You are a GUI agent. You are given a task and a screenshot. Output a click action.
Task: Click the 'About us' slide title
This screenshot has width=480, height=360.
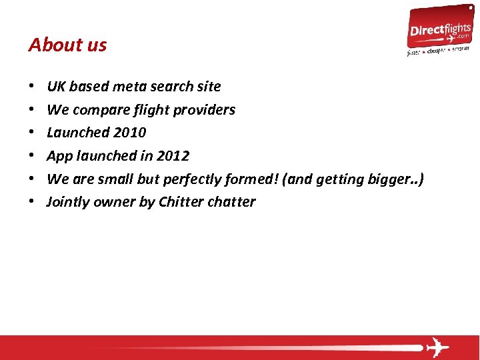coord(67,45)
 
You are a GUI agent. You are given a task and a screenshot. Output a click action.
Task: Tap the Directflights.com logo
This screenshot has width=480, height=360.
coord(439,30)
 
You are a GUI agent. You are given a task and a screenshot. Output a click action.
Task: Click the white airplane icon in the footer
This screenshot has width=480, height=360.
coord(437,347)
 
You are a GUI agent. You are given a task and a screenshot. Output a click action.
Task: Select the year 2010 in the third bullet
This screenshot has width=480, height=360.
coord(130,133)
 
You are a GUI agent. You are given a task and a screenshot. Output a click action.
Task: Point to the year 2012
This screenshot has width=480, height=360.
coord(173,156)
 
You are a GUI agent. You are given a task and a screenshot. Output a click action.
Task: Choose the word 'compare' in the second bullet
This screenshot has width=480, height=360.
coord(96,110)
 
